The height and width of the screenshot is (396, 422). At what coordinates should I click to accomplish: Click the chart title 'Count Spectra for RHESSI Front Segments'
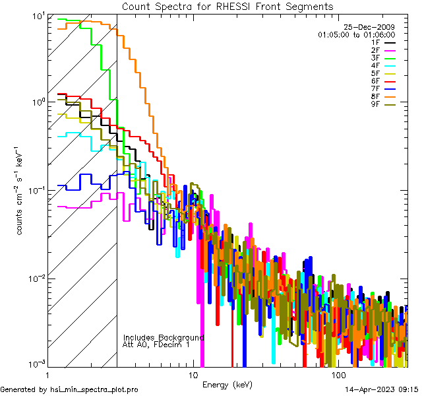tap(227, 7)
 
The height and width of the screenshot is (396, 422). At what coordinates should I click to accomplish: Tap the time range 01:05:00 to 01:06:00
tap(356, 34)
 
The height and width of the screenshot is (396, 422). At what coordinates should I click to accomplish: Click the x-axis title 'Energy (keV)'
tap(227, 384)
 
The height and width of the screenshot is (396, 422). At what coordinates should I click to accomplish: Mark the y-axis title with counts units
tap(20, 189)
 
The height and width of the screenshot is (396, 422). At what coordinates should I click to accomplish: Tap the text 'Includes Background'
tap(164, 337)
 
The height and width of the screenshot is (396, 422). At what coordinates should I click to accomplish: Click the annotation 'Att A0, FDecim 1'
tap(156, 345)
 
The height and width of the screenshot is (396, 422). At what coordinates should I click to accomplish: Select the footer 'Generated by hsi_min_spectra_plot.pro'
tap(69, 389)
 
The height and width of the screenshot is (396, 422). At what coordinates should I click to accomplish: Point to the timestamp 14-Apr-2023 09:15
tap(382, 389)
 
